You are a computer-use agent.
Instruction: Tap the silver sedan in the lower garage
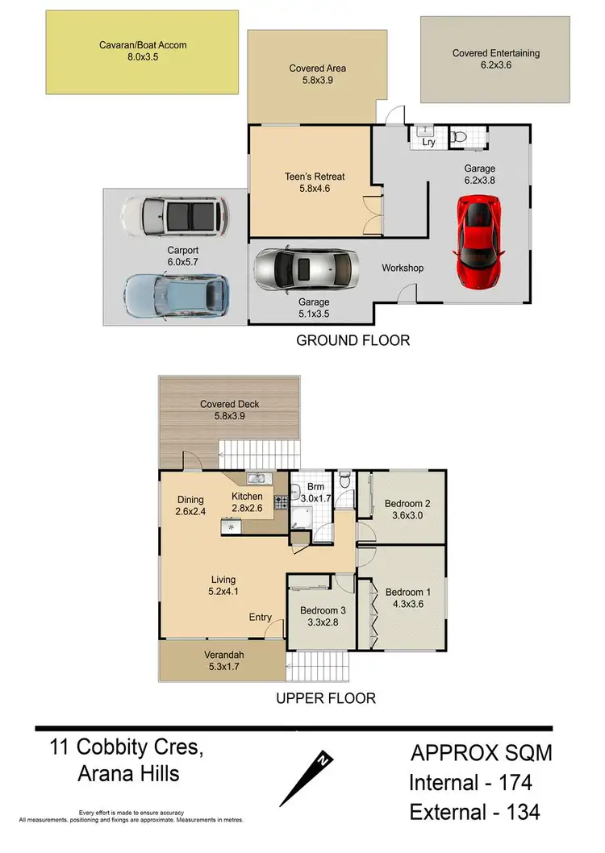click(305, 269)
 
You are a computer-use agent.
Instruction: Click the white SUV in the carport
click(174, 215)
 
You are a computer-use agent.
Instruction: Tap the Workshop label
click(403, 268)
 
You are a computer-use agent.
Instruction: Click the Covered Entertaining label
click(496, 53)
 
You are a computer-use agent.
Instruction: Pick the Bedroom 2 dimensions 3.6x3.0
click(406, 516)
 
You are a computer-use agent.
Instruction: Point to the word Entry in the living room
click(260, 618)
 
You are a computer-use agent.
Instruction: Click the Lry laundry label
click(428, 143)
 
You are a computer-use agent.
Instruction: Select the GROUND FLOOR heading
click(353, 340)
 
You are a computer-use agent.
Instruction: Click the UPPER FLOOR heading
click(325, 698)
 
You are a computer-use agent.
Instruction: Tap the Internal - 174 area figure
click(470, 782)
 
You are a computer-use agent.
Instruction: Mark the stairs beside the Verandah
click(318, 666)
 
